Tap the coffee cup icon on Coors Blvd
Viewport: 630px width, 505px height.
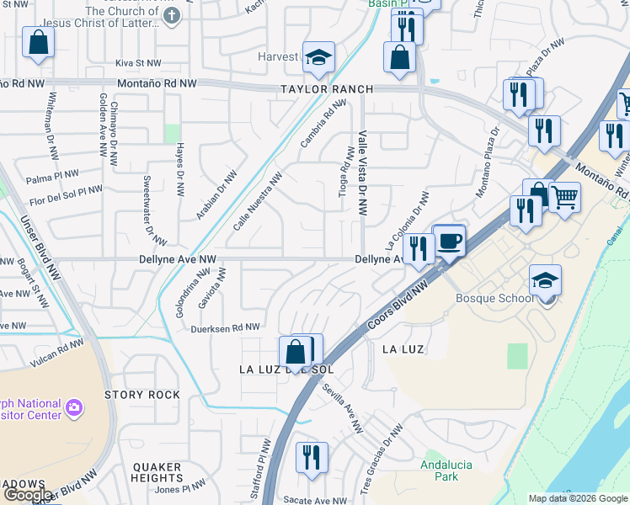(x=450, y=241)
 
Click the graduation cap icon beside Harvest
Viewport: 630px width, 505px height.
(x=319, y=57)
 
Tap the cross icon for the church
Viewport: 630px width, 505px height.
(x=172, y=16)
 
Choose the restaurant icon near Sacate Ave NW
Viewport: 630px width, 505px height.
(x=312, y=458)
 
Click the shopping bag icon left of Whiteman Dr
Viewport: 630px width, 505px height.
(x=38, y=44)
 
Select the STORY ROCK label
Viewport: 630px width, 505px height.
(x=141, y=395)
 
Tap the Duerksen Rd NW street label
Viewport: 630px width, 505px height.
(x=225, y=328)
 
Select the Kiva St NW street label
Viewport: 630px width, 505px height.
(x=138, y=63)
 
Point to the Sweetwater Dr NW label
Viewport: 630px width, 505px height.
(x=147, y=205)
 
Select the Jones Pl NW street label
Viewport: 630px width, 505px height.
(x=179, y=486)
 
